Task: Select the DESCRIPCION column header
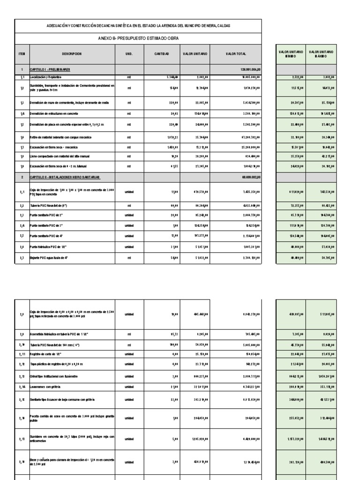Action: [71, 54]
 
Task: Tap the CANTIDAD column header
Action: [161, 54]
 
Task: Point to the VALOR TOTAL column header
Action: [235, 54]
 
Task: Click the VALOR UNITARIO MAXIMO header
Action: [321, 54]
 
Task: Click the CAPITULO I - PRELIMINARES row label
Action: [49, 69]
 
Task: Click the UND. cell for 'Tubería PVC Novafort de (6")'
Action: [129, 205]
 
